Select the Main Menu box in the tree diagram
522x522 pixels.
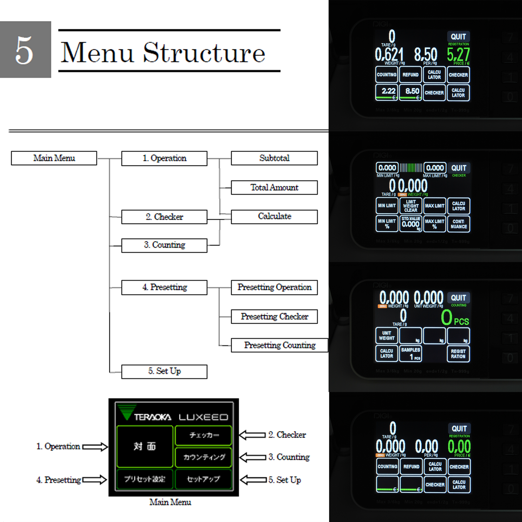[x=54, y=158]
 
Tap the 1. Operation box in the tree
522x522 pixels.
[x=164, y=158]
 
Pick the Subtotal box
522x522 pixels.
[x=274, y=158]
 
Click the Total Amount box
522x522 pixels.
[x=274, y=188]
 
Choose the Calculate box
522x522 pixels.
[x=274, y=217]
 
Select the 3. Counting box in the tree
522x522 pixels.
[x=164, y=245]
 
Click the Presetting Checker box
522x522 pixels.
[x=274, y=316]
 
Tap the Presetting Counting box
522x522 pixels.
[x=279, y=345]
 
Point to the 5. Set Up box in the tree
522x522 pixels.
[x=164, y=371]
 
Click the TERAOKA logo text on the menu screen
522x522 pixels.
[x=153, y=417]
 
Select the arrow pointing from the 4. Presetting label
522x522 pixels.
[x=95, y=480]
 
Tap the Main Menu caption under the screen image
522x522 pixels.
[x=170, y=502]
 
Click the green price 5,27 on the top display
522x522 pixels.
[x=458, y=55]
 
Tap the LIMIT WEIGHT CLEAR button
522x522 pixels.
[x=411, y=206]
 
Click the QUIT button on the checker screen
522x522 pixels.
[x=459, y=168]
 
